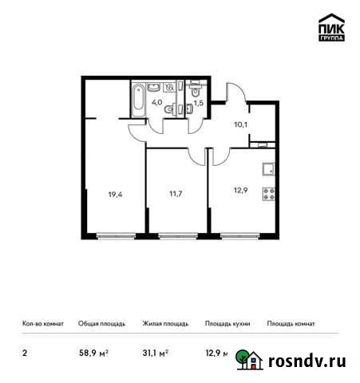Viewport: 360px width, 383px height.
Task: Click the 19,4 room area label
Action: pyautogui.click(x=115, y=192)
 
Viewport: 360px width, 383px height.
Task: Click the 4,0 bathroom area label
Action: pyautogui.click(x=158, y=102)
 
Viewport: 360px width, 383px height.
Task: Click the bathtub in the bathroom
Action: pyautogui.click(x=139, y=99)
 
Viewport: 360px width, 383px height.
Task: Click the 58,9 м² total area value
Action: pyautogui.click(x=94, y=351)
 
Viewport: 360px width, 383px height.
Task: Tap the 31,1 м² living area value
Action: pyautogui.click(x=156, y=351)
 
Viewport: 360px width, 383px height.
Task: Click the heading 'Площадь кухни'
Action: pyautogui.click(x=227, y=324)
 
